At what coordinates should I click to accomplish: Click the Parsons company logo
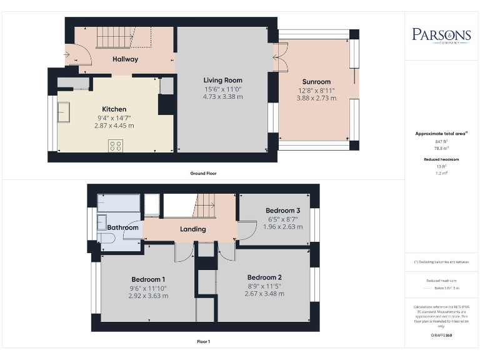(x=441, y=35)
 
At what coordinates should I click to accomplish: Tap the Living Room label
(x=222, y=80)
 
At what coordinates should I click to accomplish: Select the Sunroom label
(x=316, y=82)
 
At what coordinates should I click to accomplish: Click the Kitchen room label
(x=114, y=109)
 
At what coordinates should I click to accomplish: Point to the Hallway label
(x=125, y=59)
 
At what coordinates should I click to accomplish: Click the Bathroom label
(x=122, y=227)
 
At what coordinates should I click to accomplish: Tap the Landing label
(x=192, y=229)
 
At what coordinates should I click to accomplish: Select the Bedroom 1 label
(x=148, y=279)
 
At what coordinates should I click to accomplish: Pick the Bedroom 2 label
(x=264, y=277)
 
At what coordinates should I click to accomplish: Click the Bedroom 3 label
(x=282, y=211)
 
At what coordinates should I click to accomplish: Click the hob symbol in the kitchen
(x=116, y=146)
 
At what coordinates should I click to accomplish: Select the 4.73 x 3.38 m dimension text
(x=222, y=97)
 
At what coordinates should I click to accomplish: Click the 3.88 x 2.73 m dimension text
(x=316, y=98)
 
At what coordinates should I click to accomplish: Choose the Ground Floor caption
(x=204, y=173)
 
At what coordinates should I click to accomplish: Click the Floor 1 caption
(x=203, y=342)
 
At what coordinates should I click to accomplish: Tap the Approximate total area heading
(x=441, y=134)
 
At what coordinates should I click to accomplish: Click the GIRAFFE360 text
(x=441, y=336)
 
